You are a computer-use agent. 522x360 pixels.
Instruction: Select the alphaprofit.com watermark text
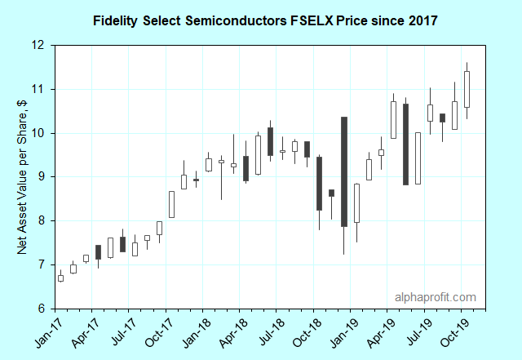pos(435,298)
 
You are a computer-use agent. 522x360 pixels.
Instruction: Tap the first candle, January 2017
pos(60,278)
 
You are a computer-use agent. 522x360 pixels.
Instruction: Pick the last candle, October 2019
pos(467,89)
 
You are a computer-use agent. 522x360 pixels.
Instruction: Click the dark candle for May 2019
pos(405,144)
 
